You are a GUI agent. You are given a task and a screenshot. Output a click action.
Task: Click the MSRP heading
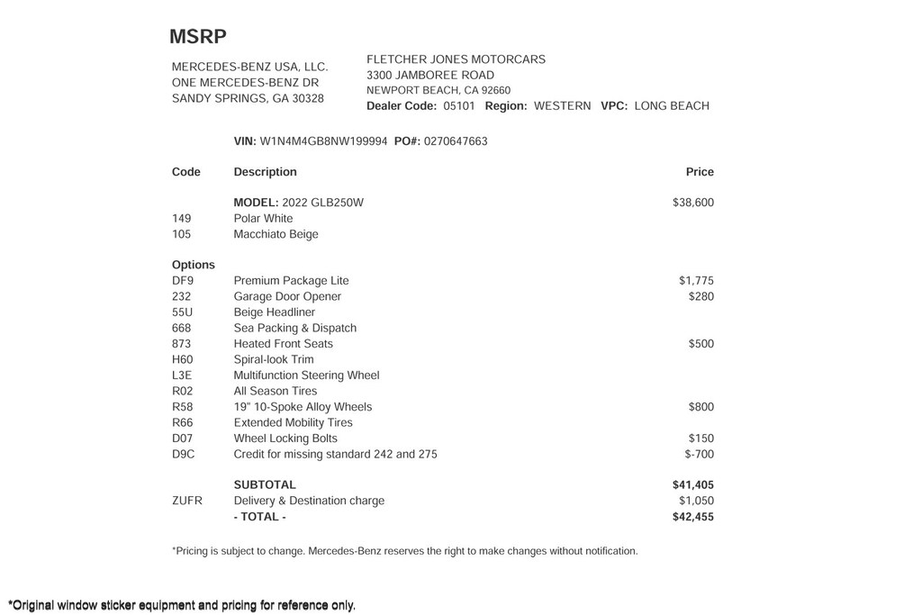tap(198, 37)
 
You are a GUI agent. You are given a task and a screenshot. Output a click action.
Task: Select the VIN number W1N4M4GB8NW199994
tap(323, 141)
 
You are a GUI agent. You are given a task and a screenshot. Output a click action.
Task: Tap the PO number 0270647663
tap(455, 141)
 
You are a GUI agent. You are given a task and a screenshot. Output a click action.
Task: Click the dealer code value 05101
tap(458, 106)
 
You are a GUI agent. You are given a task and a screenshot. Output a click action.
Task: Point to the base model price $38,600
tap(692, 203)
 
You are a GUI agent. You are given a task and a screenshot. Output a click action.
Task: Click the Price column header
tap(699, 172)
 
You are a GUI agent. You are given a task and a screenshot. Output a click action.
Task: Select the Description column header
tap(265, 172)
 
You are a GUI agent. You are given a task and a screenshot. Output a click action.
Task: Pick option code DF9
tap(183, 281)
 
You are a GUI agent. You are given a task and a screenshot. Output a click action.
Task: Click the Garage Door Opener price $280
tap(701, 296)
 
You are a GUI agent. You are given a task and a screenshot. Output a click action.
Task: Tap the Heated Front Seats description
tap(283, 344)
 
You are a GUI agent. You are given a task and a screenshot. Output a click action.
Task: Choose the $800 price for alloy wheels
tap(701, 407)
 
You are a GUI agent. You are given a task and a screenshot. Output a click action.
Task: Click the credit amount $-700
tap(699, 455)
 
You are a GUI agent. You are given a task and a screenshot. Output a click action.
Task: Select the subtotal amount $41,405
tap(692, 485)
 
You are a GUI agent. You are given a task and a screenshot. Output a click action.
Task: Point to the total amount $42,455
tap(692, 517)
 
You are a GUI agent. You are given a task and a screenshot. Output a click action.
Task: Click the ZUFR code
tap(187, 501)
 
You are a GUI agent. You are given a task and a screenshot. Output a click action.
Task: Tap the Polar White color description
tap(263, 219)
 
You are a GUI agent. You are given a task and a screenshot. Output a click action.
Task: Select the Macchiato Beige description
tap(276, 234)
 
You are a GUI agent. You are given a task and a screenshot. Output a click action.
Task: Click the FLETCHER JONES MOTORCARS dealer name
tap(456, 59)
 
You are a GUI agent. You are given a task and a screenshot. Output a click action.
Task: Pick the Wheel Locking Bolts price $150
tap(701, 439)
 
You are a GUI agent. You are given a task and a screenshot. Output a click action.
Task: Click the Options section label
tap(194, 265)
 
